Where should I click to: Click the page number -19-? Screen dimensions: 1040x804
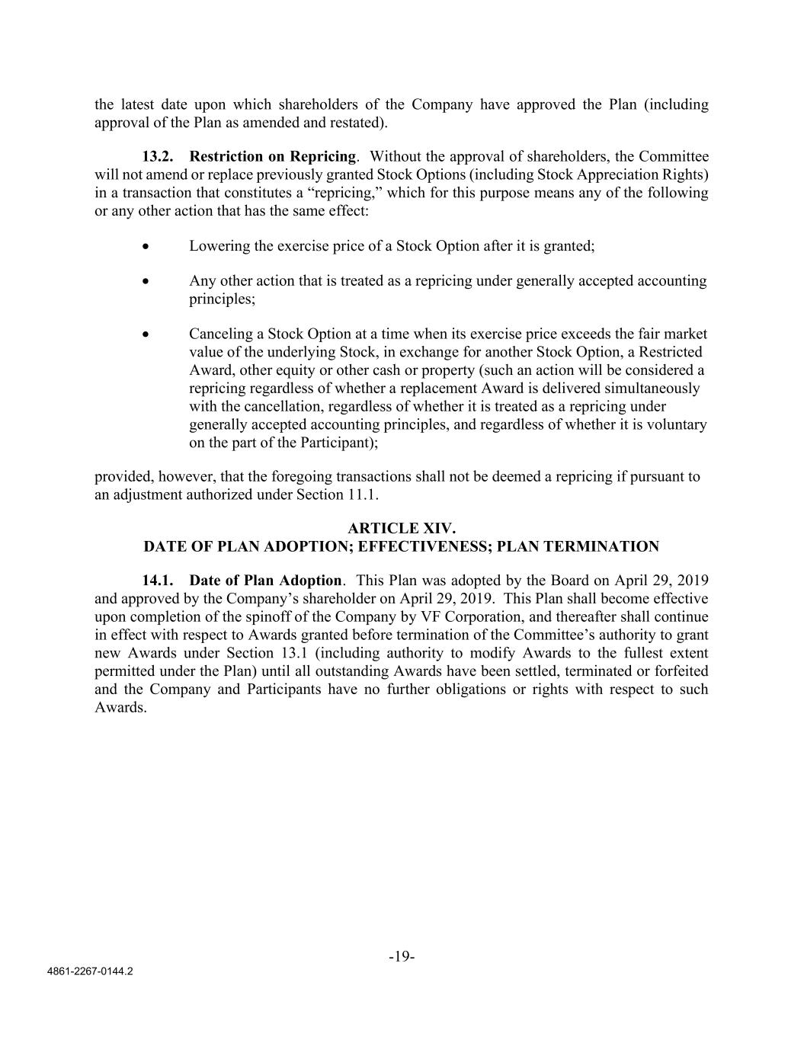tap(402, 957)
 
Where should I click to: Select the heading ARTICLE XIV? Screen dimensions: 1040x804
tap(402, 528)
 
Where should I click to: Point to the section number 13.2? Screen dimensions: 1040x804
tap(158, 157)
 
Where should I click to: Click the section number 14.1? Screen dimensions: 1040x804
tap(158, 581)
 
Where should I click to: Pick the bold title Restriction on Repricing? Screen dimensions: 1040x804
tap(273, 157)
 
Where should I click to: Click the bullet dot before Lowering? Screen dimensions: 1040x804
tap(146, 246)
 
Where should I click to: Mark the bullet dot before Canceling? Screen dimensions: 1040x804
tap(146, 334)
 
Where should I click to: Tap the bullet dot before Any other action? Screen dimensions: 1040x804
tap(146, 281)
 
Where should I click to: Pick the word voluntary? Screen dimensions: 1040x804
tap(676, 424)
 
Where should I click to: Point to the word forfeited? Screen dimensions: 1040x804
tap(677, 671)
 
